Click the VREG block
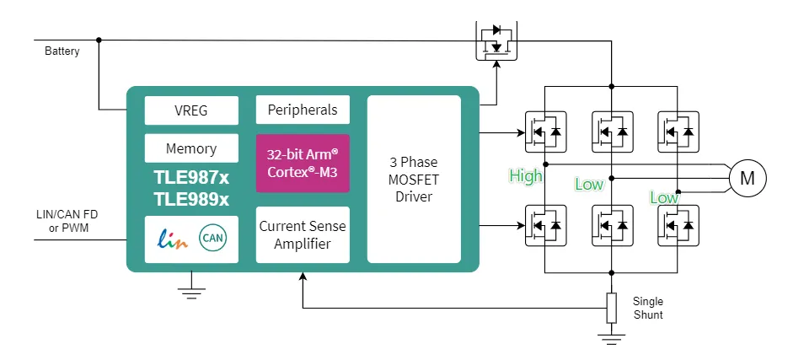click(x=191, y=110)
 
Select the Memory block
click(x=191, y=148)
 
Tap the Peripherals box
click(x=303, y=110)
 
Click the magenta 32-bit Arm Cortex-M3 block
click(x=303, y=163)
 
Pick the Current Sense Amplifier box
click(x=303, y=235)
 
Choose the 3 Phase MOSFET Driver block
click(x=414, y=179)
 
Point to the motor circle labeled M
click(x=747, y=178)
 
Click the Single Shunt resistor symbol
click(x=611, y=308)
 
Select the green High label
click(x=526, y=176)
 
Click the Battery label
click(x=62, y=51)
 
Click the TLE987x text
click(x=191, y=178)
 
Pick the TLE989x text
click(x=191, y=199)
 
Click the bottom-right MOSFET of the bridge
click(x=678, y=225)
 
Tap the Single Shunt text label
click(x=647, y=308)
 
